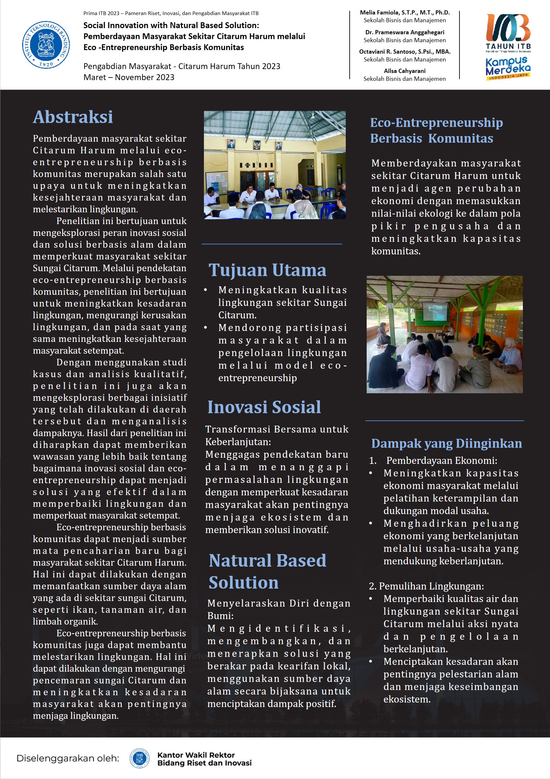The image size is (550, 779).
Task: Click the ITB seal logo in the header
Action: [46, 45]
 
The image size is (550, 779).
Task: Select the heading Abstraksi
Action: [73, 117]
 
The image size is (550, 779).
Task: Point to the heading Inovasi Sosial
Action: [264, 407]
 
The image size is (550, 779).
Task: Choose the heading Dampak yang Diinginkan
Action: [446, 443]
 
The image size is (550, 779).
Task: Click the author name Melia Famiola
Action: [405, 12]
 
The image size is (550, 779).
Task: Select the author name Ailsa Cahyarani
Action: [405, 71]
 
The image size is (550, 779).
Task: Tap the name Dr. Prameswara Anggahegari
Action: [405, 32]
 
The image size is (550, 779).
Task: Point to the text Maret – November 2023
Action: [129, 77]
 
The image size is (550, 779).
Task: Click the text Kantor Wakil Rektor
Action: [196, 755]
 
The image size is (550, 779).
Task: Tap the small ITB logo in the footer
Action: [140, 758]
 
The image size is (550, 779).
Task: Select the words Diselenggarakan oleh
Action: [68, 758]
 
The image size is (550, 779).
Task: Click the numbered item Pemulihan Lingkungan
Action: [426, 586]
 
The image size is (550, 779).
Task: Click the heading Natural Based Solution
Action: [267, 571]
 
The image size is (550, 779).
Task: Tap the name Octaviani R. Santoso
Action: [405, 52]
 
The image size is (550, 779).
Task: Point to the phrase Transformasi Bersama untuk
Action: [276, 429]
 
